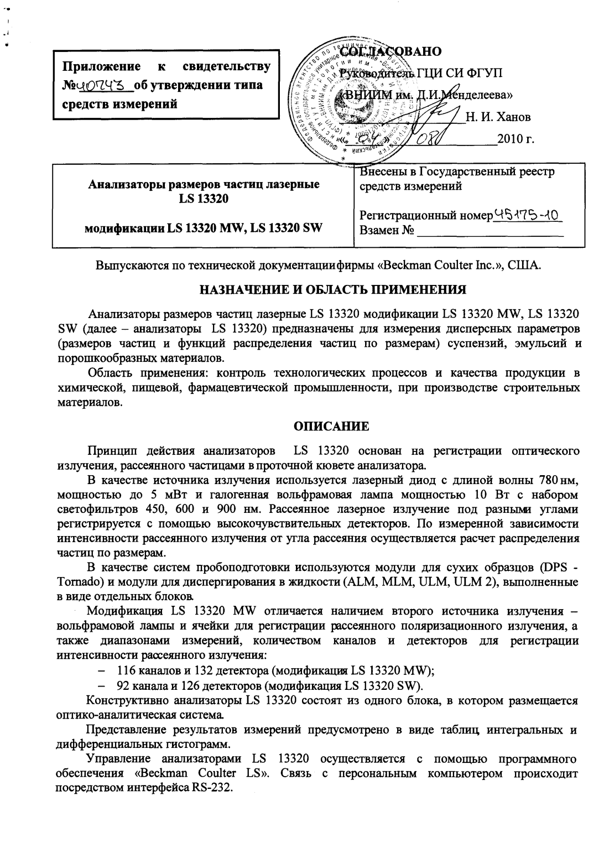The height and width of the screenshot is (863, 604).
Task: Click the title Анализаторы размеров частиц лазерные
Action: [x=204, y=185]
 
